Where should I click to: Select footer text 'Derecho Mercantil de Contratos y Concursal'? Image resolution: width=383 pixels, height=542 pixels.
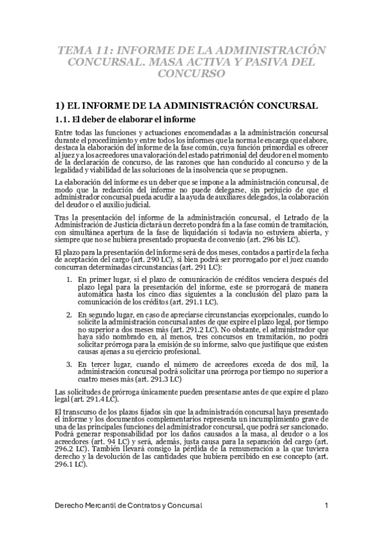tap(129, 506)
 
